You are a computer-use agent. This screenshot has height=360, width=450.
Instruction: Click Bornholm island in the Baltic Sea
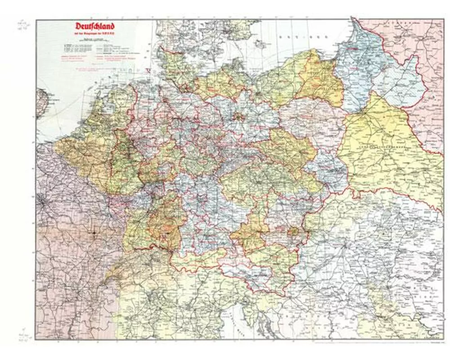[261, 45]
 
